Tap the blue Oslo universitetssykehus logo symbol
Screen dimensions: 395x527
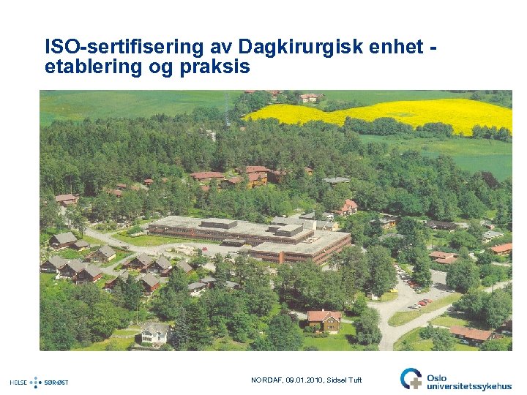411,378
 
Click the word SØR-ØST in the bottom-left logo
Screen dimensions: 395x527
56,382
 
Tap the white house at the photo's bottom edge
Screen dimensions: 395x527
155,334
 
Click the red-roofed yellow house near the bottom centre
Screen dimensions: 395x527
324,319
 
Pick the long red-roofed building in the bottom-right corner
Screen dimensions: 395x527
472,334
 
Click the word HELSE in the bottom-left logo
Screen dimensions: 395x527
19,382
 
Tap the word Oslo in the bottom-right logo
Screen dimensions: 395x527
438,373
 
